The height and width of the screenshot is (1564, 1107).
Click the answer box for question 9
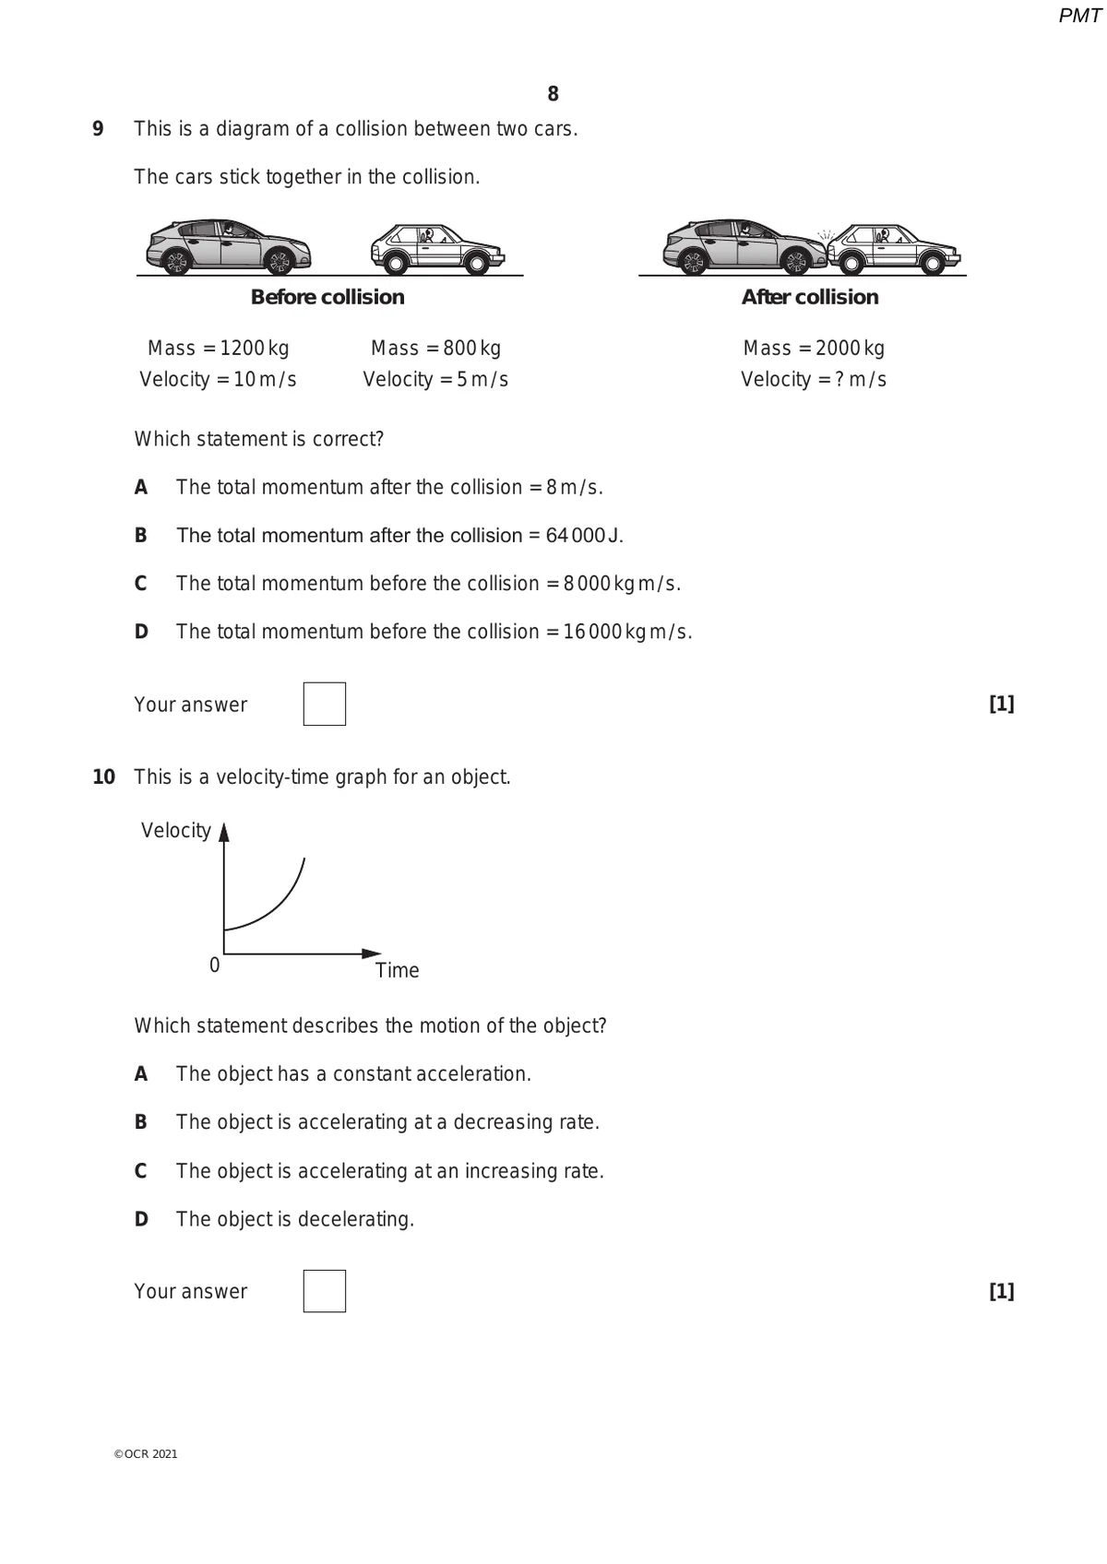(x=324, y=704)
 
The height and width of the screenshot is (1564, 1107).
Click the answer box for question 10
(x=324, y=1291)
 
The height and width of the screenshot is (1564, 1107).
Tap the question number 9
(x=98, y=129)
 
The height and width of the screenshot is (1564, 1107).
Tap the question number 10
(x=103, y=777)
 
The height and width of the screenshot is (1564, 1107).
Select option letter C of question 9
(x=140, y=584)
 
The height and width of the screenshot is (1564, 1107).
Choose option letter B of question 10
(x=140, y=1122)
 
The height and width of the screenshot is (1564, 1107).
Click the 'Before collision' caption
(x=327, y=297)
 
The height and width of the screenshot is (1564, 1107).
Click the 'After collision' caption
(x=810, y=297)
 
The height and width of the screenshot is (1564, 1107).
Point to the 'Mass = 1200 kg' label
(x=218, y=349)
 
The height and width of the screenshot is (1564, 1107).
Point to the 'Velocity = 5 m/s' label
(x=435, y=380)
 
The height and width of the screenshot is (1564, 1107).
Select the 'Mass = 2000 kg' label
(x=814, y=349)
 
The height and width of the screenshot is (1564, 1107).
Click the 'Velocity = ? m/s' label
(x=814, y=380)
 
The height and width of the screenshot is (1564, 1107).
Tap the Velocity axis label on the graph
(x=175, y=831)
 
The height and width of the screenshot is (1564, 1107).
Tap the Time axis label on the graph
(x=397, y=970)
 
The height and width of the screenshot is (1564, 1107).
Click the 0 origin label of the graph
(x=215, y=966)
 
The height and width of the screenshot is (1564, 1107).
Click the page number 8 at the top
(x=553, y=94)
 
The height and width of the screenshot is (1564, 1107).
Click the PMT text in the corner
(x=1078, y=16)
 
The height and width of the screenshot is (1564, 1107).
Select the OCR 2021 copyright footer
(x=146, y=1454)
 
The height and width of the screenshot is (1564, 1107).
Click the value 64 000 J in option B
(x=583, y=536)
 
